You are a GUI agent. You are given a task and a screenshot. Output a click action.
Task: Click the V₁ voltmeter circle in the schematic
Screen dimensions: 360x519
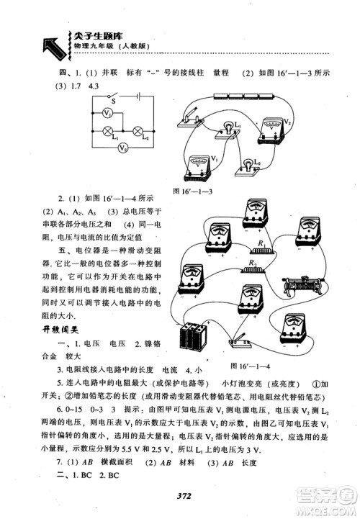click(106, 114)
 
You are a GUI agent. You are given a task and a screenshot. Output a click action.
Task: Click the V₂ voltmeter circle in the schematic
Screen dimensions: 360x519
click(123, 149)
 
